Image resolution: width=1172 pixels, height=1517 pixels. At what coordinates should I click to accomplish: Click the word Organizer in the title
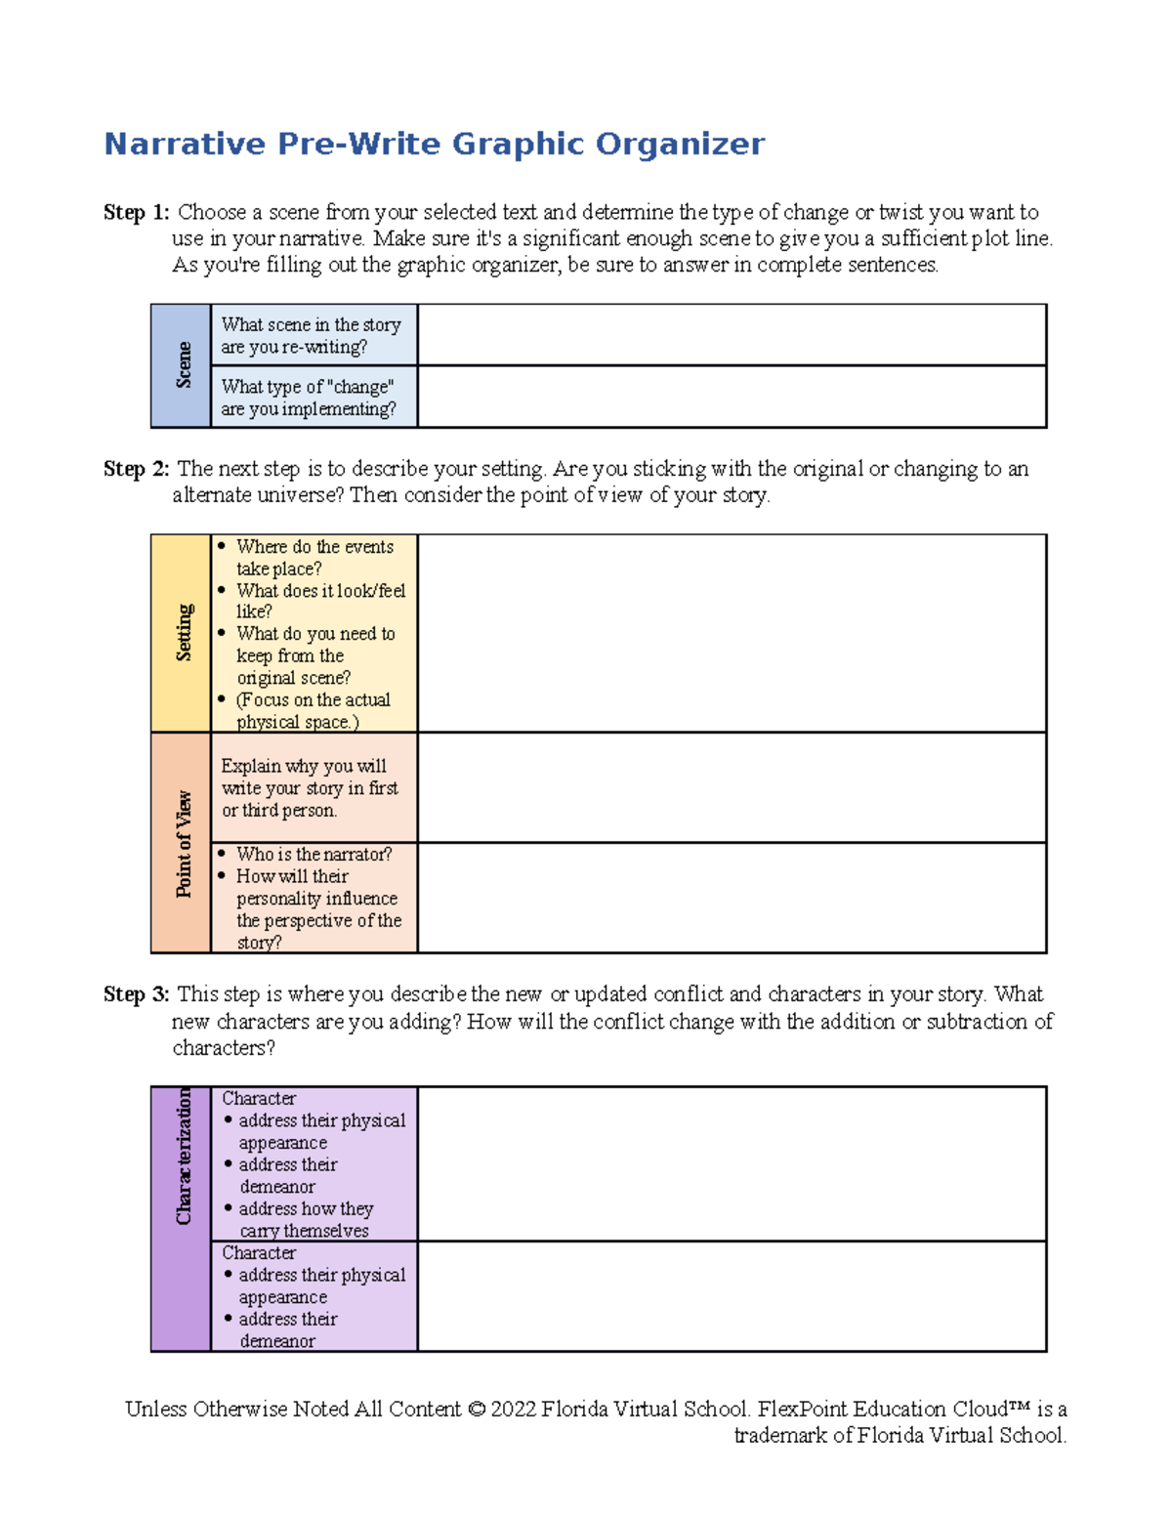click(x=680, y=144)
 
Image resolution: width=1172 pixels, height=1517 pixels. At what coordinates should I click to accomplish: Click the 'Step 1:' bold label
click(x=137, y=212)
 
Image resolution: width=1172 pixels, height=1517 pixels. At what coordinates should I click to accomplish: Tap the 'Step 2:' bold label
click(x=137, y=469)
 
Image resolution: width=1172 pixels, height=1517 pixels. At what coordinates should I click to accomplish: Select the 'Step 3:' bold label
click(x=137, y=994)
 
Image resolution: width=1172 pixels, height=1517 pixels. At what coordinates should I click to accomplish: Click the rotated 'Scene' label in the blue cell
click(x=183, y=365)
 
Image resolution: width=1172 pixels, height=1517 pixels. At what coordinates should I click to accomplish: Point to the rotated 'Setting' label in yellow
click(x=183, y=632)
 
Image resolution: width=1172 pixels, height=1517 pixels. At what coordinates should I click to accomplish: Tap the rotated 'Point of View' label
click(x=183, y=844)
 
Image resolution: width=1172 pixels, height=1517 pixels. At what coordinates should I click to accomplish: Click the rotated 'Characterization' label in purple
click(x=183, y=1158)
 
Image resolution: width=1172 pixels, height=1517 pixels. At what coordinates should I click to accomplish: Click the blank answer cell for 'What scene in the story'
click(x=732, y=335)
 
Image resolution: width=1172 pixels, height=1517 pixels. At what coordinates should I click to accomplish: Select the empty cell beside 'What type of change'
click(x=732, y=397)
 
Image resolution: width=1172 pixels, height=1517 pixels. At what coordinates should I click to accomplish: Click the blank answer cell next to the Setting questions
click(x=732, y=633)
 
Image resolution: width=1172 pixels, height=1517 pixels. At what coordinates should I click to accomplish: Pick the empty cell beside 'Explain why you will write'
click(x=732, y=787)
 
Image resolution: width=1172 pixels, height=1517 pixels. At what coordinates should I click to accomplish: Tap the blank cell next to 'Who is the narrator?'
click(x=732, y=898)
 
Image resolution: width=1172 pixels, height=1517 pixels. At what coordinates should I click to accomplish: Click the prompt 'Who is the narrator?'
click(x=314, y=854)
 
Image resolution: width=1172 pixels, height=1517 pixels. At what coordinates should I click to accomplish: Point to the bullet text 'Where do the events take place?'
click(x=314, y=558)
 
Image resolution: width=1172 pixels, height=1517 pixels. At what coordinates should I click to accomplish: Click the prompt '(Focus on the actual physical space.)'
click(x=313, y=711)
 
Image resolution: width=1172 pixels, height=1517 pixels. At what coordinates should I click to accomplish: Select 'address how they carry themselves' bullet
click(x=306, y=1219)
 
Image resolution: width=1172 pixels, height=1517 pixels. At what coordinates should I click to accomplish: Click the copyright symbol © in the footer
click(x=476, y=1410)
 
